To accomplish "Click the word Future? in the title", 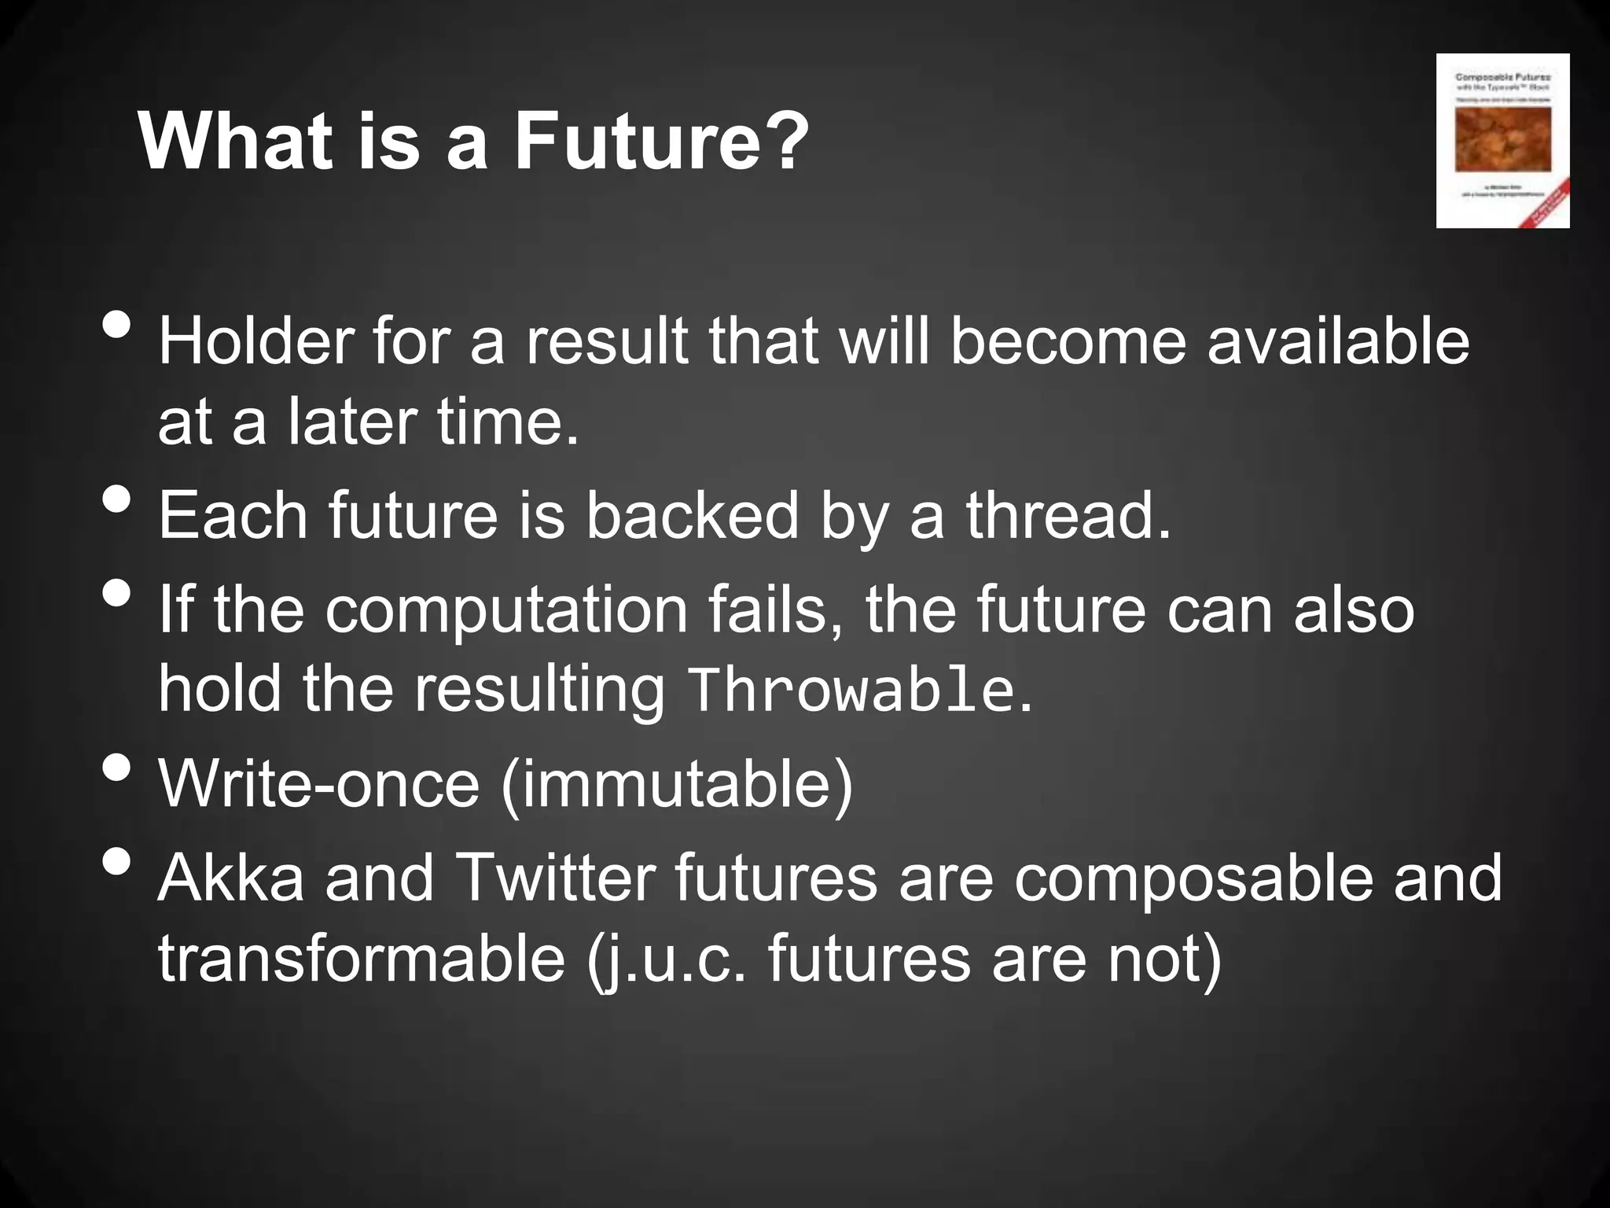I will coord(660,142).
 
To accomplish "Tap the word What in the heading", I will coord(235,142).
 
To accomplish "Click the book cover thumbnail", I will coord(1502,141).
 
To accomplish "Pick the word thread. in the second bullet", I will coord(1068,515).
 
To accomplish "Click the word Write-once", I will coord(318,783).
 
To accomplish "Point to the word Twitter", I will coord(555,878).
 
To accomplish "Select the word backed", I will coord(692,515).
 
